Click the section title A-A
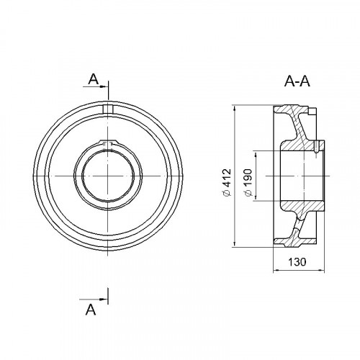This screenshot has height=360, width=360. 297,81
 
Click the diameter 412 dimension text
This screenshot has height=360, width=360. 227,182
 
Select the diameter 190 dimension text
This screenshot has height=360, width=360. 248,182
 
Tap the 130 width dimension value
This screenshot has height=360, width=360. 297,262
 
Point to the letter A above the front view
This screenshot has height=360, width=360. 94,79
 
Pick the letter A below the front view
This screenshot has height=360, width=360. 91,310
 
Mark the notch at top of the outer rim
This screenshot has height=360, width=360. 108,109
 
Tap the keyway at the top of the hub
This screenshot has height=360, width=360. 108,143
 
